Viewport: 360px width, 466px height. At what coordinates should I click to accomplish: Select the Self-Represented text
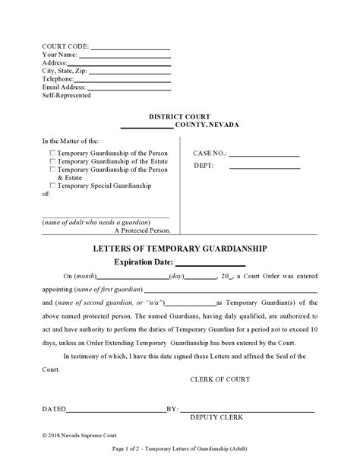pyautogui.click(x=66, y=95)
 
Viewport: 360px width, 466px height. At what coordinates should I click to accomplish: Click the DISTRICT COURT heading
pyautogui.click(x=179, y=116)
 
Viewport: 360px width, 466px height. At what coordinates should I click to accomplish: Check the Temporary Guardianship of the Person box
pyautogui.click(x=52, y=152)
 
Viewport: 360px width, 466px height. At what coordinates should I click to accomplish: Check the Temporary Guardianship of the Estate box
pyautogui.click(x=52, y=160)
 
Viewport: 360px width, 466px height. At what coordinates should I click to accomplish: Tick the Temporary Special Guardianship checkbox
pyautogui.click(x=52, y=185)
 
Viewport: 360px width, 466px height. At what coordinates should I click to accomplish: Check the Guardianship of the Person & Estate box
pyautogui.click(x=52, y=169)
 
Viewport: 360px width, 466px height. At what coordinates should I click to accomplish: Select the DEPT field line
pyautogui.click(x=264, y=167)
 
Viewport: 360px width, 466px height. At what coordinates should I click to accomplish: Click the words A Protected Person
pyautogui.click(x=143, y=230)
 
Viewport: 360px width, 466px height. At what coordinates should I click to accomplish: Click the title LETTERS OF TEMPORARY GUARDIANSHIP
pyautogui.click(x=179, y=249)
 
